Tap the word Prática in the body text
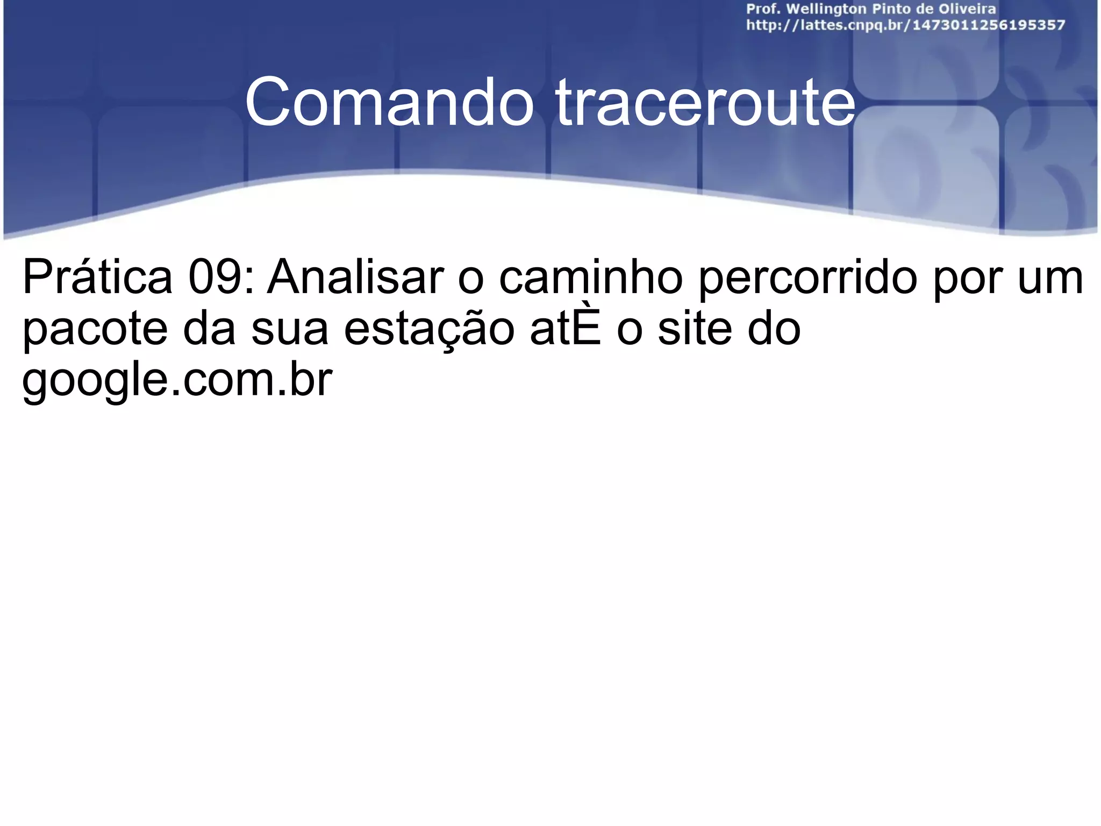point(97,277)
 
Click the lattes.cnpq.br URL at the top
point(905,25)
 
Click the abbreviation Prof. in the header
point(763,9)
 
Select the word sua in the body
point(290,329)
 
